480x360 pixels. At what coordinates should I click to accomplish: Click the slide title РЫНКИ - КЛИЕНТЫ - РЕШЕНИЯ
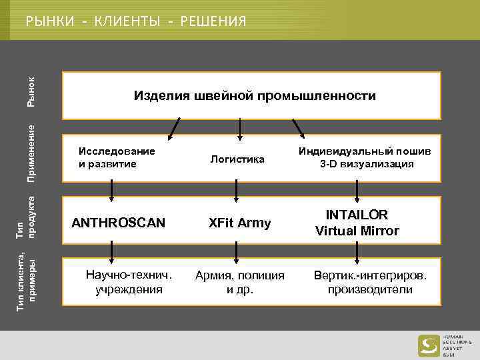click(136, 22)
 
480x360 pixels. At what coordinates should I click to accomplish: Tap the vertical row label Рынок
click(31, 91)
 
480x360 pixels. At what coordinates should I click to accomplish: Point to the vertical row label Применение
click(31, 153)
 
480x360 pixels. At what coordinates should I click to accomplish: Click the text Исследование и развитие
click(117, 157)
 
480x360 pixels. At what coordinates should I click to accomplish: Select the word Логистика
click(237, 159)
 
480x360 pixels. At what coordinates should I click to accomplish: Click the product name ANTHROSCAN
click(119, 223)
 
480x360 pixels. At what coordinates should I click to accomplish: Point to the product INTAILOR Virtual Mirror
click(357, 223)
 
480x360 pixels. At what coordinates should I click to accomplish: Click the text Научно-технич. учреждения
click(129, 282)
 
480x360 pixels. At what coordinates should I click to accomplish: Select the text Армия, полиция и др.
click(239, 282)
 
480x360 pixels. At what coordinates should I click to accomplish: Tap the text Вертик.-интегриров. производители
click(370, 282)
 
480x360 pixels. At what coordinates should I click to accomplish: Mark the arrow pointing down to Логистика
click(240, 129)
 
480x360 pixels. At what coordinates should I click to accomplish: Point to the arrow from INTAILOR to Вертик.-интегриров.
click(358, 251)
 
